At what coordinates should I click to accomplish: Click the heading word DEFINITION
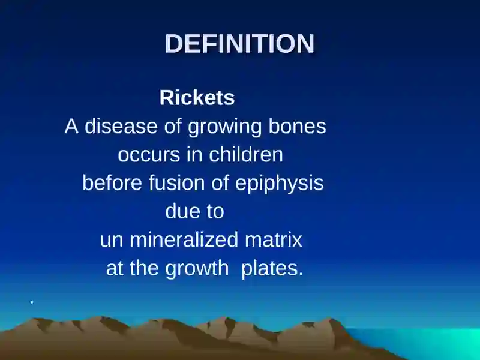pos(239,43)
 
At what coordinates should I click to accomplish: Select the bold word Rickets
pos(197,98)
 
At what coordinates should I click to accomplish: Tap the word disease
pos(121,126)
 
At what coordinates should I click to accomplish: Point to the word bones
pos(297,126)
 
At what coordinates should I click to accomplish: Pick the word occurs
pos(149,155)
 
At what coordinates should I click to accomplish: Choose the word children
pos(246,154)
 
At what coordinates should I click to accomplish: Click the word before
pos(112,183)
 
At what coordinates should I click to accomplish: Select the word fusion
pos(176,183)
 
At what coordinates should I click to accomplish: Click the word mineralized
pos(184,239)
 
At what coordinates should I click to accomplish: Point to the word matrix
pos(274,239)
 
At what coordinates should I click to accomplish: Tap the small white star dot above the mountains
pos(32,302)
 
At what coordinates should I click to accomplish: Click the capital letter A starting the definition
pos(71,126)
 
